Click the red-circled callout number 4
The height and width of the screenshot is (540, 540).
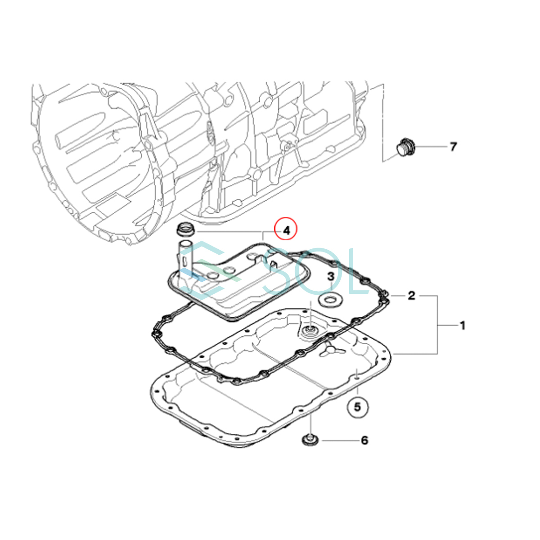(x=286, y=231)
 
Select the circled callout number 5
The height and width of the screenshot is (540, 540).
(x=357, y=407)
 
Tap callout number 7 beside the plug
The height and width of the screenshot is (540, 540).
(x=453, y=147)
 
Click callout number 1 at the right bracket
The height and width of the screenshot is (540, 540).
(x=463, y=326)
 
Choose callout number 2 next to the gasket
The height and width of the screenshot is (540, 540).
(x=411, y=295)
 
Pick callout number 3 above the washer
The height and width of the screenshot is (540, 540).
(x=331, y=276)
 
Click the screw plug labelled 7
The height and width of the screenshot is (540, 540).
(x=406, y=147)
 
